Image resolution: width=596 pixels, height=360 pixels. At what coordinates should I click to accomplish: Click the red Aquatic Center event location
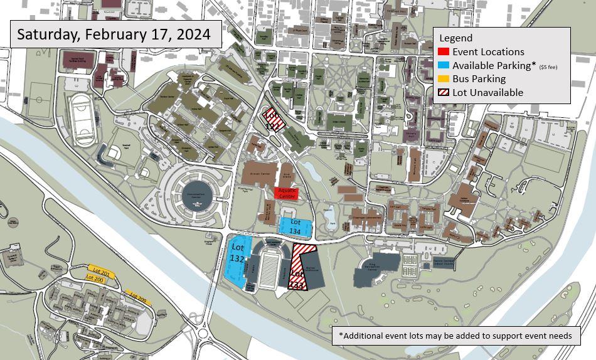[x=286, y=193]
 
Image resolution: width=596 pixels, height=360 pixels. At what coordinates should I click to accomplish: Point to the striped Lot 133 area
[x=300, y=268]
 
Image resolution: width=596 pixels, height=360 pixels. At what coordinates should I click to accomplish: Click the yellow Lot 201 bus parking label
[x=101, y=273]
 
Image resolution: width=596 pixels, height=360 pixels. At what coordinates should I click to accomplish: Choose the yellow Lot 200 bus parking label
[x=94, y=280]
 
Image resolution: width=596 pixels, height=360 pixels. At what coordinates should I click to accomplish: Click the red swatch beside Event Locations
[x=443, y=52]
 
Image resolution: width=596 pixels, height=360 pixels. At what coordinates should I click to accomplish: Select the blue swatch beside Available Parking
[x=443, y=66]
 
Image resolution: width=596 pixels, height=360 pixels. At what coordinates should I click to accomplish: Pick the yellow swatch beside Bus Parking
[x=443, y=79]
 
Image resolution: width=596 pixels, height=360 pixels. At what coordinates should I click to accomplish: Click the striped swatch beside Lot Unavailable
[x=443, y=93]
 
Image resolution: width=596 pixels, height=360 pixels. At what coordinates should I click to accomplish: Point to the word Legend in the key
[x=455, y=38]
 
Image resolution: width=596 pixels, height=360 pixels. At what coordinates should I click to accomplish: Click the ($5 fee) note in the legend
[x=548, y=66]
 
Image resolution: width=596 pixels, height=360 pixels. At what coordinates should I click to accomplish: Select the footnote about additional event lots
[x=455, y=336]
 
